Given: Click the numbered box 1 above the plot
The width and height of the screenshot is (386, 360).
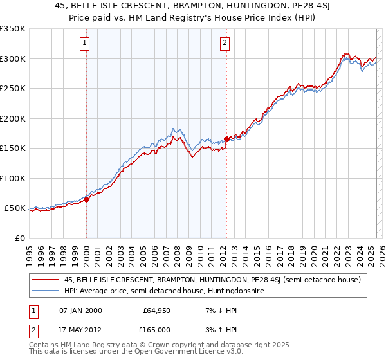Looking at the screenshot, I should [85, 44].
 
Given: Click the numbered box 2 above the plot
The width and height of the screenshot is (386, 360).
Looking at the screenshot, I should [225, 44].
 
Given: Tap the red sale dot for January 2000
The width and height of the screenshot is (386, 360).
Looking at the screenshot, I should [86, 199].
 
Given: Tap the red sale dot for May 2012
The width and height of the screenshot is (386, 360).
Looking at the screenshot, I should [226, 139].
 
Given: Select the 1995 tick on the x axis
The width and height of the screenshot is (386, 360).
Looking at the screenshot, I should [30, 250].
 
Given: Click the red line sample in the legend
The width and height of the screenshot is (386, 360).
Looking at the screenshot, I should [46, 280].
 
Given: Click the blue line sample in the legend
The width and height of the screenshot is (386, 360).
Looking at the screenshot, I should [46, 291].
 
